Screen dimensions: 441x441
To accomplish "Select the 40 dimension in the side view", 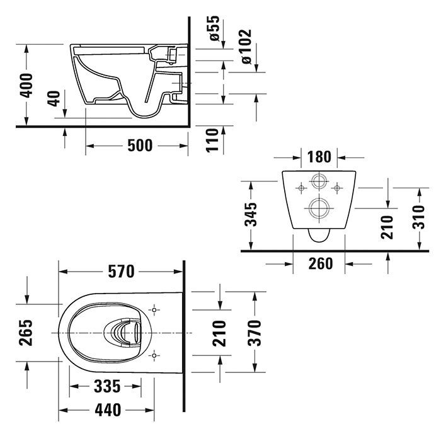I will (x=54, y=99).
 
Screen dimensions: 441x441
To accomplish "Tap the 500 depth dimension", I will (x=139, y=146).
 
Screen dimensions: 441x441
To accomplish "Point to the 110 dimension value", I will (x=212, y=140).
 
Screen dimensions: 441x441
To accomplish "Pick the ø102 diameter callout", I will (x=246, y=45).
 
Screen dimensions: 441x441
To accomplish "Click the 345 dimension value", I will (x=251, y=214).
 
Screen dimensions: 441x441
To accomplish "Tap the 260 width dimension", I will (x=320, y=263).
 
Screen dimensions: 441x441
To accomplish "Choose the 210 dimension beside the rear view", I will (x=387, y=227).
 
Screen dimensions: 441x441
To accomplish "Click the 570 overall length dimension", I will (x=120, y=272).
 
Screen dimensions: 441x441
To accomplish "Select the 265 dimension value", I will (x=26, y=331).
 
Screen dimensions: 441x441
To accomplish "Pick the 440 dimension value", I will (x=108, y=410).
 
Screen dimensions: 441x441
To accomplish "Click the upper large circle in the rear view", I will (x=319, y=183).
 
